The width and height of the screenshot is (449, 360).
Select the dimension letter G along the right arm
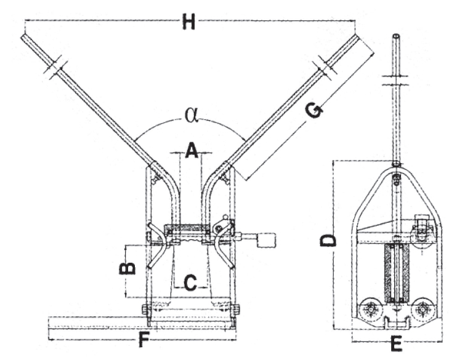[314, 110]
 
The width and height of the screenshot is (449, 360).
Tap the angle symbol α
[191, 115]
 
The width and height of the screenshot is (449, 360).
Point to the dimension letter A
[192, 151]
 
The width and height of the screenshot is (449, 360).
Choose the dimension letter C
[190, 283]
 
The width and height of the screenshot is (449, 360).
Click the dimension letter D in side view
[328, 240]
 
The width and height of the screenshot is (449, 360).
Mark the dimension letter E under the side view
[396, 344]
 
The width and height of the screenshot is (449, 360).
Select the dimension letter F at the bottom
[144, 340]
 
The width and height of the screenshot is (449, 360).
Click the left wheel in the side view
[370, 310]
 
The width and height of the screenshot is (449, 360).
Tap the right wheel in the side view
[422, 310]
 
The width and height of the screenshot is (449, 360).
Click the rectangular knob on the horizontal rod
[267, 241]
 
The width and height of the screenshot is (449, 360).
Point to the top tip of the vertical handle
[396, 35]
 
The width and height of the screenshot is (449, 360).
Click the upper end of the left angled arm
[24, 36]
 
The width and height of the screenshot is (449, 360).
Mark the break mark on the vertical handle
[396, 81]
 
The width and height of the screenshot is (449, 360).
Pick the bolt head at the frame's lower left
[145, 310]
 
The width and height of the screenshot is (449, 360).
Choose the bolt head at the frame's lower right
[236, 310]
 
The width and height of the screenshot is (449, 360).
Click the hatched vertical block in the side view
[396, 273]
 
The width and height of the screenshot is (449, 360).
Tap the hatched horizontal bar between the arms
[187, 227]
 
